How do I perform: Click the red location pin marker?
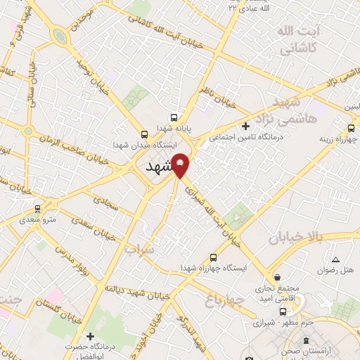[x=181, y=166]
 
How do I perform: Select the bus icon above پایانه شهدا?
[x=174, y=118]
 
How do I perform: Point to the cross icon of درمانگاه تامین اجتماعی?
[x=245, y=127]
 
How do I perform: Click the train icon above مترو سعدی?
[x=37, y=208]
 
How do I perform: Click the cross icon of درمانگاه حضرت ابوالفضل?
[x=89, y=336]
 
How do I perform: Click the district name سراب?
[x=138, y=250]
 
